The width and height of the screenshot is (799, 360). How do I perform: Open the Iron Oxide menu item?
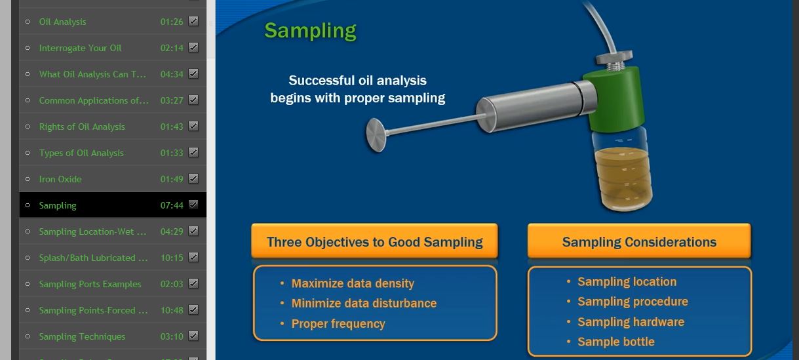tap(60, 179)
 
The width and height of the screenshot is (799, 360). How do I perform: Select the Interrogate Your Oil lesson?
tap(80, 48)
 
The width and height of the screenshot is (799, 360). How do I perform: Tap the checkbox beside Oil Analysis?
tap(193, 21)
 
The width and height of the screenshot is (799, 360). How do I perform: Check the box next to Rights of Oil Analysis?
tap(193, 126)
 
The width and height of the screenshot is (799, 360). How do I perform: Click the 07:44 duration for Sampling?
tap(172, 205)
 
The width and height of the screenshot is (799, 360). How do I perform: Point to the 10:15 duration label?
tap(172, 258)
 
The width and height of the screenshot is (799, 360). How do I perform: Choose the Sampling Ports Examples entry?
tap(90, 284)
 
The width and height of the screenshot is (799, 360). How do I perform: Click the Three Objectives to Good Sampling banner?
tap(374, 241)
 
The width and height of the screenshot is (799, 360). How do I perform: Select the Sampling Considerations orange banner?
tap(639, 241)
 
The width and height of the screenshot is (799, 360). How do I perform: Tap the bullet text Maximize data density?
tap(353, 283)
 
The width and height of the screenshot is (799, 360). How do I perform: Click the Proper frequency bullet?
tap(338, 324)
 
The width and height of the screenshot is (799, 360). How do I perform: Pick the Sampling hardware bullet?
tap(631, 322)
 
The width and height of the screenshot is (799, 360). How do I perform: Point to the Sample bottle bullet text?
tap(616, 342)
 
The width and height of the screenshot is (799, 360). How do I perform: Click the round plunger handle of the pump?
tap(376, 135)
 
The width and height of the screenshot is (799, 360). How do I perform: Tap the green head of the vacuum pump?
tap(614, 98)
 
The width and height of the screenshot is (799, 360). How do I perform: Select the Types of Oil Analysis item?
tap(81, 153)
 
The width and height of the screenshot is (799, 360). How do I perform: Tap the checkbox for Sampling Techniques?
tap(193, 336)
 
